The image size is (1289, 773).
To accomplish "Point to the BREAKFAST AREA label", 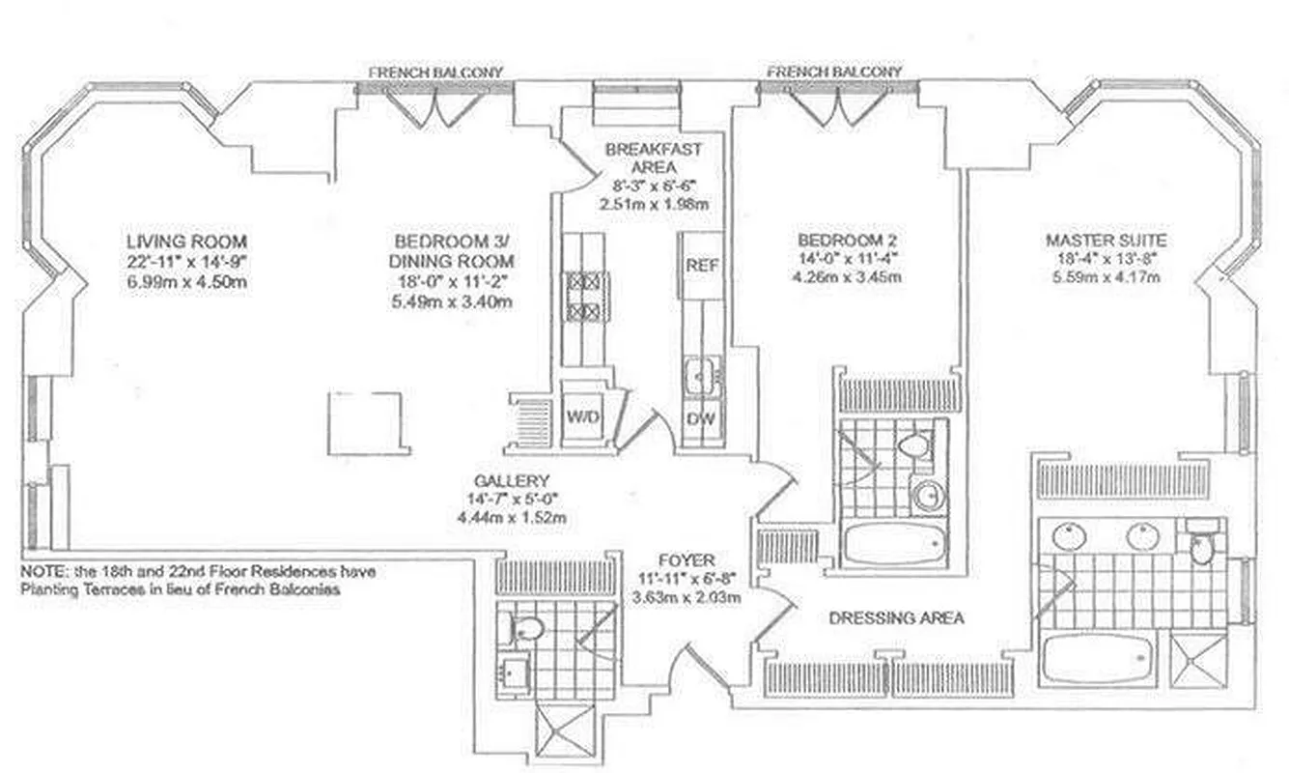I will coord(654,157).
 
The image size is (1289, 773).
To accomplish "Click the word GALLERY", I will coord(512,481).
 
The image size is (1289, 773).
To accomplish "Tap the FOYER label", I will coord(687,559).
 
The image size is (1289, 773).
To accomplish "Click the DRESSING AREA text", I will coord(896,617).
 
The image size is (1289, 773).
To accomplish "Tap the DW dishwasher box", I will coord(701,419).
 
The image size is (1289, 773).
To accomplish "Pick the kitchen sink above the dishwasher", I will coord(702,376).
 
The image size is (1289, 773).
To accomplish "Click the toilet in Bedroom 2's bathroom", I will coord(912,446).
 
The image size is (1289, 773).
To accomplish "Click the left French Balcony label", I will coord(436,72).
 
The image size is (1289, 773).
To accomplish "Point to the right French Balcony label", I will coord(834,72).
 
